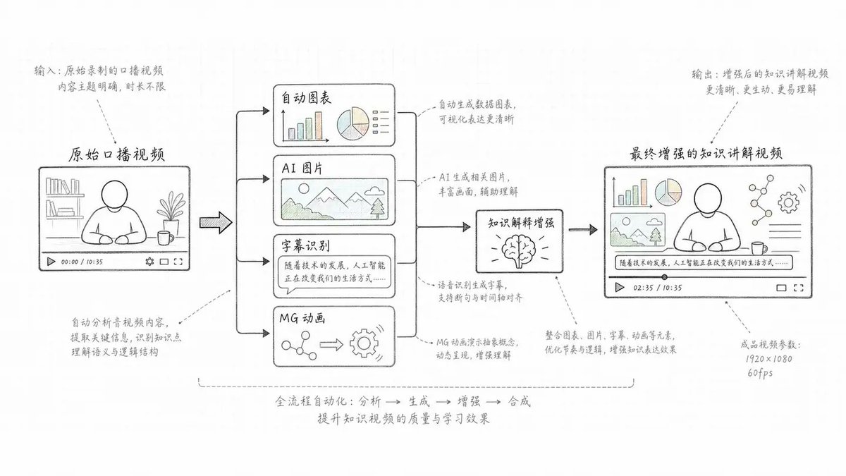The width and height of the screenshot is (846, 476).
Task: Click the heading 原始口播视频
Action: coord(116,154)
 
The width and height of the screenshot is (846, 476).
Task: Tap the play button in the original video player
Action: coord(51,262)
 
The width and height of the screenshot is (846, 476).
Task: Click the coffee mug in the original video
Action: coord(166,238)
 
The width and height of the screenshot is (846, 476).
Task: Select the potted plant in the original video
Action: coord(171,212)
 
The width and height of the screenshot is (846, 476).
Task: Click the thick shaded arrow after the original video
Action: coord(216,223)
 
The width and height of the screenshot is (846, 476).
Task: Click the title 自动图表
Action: coord(306,98)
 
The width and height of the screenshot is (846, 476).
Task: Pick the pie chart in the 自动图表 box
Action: coord(352,123)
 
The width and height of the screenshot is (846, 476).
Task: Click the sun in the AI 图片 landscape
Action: coord(303,188)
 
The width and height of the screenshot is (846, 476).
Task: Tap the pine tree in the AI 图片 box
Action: coord(377,208)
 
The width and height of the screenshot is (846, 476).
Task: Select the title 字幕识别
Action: coord(305,246)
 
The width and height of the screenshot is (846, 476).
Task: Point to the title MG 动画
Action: coord(302,319)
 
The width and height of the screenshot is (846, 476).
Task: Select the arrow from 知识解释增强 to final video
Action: coord(583,229)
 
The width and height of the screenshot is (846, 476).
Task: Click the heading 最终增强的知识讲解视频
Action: coord(706,154)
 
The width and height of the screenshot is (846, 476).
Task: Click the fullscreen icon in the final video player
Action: coord(798,288)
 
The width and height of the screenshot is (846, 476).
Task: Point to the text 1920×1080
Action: coord(768,359)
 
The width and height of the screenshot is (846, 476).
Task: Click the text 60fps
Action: coord(760,373)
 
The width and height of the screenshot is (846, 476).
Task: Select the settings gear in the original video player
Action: coord(149,262)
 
